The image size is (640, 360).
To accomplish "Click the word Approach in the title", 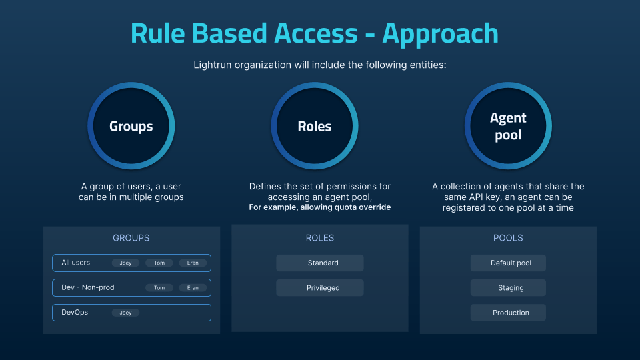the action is pyautogui.click(x=440, y=33).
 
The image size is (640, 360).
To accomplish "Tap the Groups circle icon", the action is pyautogui.click(x=131, y=126).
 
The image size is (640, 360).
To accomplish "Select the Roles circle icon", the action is pyautogui.click(x=315, y=126).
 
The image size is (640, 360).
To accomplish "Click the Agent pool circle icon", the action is pyautogui.click(x=508, y=126).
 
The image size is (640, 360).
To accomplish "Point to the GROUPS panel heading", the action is pyautogui.click(x=131, y=237).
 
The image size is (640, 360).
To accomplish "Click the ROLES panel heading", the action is pyautogui.click(x=319, y=237).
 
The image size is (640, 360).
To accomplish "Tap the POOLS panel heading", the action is pyautogui.click(x=508, y=237).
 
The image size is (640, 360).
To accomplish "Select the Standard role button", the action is pyautogui.click(x=320, y=263).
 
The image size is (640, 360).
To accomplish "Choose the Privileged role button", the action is pyautogui.click(x=320, y=288).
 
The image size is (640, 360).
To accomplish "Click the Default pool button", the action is pyautogui.click(x=508, y=263).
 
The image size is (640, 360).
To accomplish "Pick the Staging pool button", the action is pyautogui.click(x=508, y=288).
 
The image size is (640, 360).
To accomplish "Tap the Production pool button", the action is pyautogui.click(x=508, y=313).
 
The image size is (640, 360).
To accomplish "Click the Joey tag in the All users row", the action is pyautogui.click(x=126, y=263).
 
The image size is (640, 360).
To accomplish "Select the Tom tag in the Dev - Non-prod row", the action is pyautogui.click(x=159, y=288).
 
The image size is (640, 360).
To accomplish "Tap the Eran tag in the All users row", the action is pyautogui.click(x=193, y=263).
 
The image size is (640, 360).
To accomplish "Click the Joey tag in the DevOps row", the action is pyautogui.click(x=126, y=313).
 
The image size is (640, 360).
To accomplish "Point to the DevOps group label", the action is pyautogui.click(x=75, y=312).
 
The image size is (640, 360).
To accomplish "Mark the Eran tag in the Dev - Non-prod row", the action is pyautogui.click(x=193, y=288).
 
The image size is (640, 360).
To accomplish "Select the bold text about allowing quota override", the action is pyautogui.click(x=319, y=207).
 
